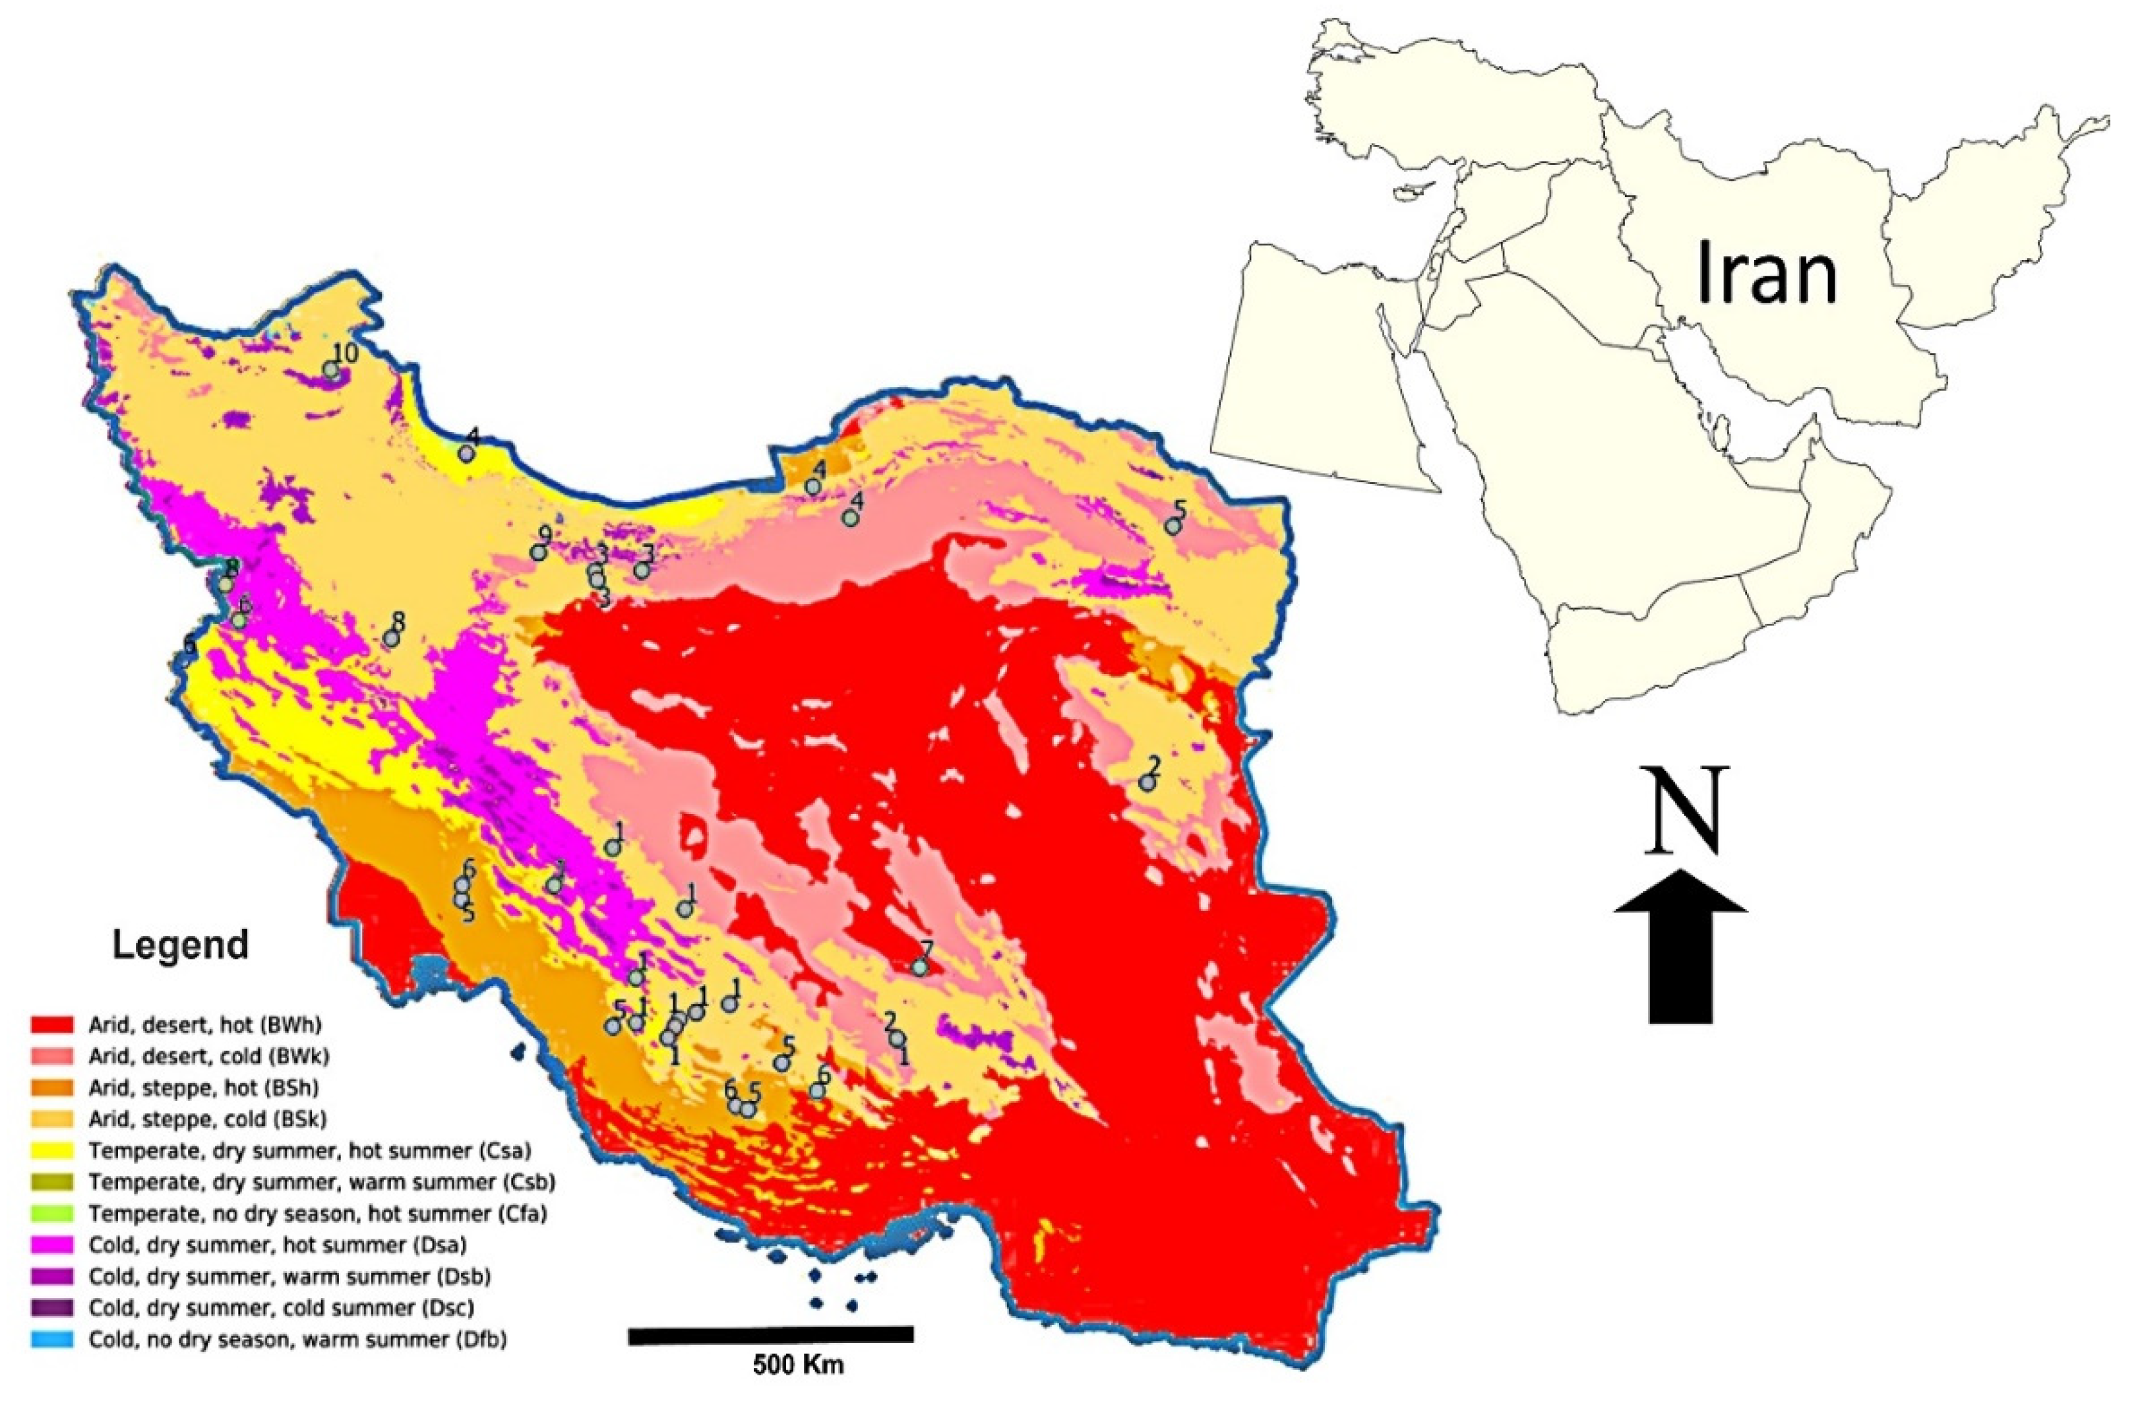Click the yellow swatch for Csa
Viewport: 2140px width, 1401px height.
click(x=52, y=1150)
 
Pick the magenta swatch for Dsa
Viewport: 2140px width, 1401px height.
click(x=52, y=1245)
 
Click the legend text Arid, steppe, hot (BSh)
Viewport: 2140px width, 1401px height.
click(x=204, y=1087)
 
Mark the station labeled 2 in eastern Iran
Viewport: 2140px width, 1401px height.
click(x=1146, y=782)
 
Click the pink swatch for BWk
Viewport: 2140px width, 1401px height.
click(x=52, y=1055)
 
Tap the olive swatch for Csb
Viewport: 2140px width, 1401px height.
click(x=52, y=1181)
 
